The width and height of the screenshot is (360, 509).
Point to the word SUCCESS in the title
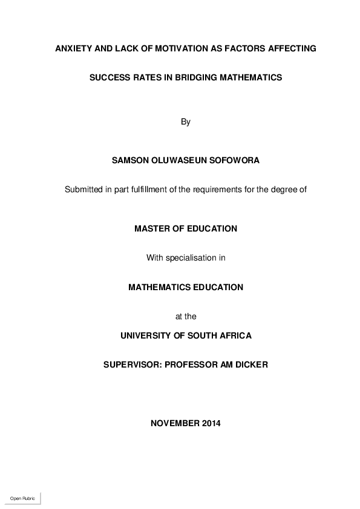coord(109,78)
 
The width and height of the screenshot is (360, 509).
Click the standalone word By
coord(186,122)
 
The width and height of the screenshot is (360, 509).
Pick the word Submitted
coord(83,189)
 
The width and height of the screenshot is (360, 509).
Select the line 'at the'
coord(186,316)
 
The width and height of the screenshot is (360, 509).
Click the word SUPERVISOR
coord(131,365)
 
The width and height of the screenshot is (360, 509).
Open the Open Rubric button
coord(23,498)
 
